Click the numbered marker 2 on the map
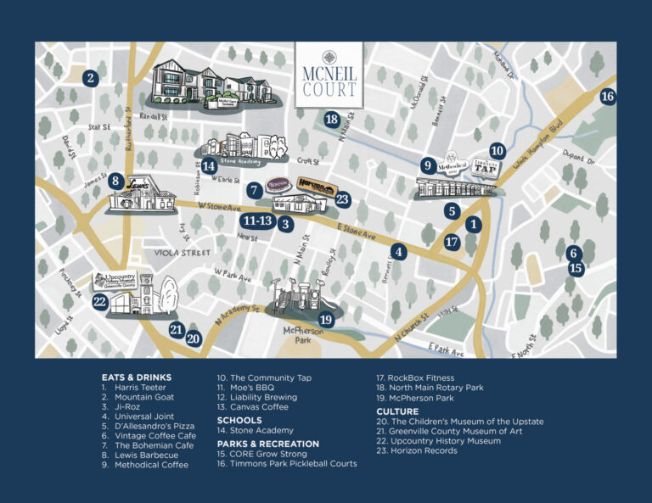click(x=91, y=79)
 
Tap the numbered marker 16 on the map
click(x=607, y=96)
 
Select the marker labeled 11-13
click(x=256, y=221)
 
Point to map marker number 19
click(x=326, y=320)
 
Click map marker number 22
click(x=100, y=301)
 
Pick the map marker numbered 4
click(x=400, y=252)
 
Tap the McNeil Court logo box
click(x=329, y=75)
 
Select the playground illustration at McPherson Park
click(x=304, y=298)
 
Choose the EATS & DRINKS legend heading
click(x=137, y=377)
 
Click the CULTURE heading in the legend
click(x=397, y=411)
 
